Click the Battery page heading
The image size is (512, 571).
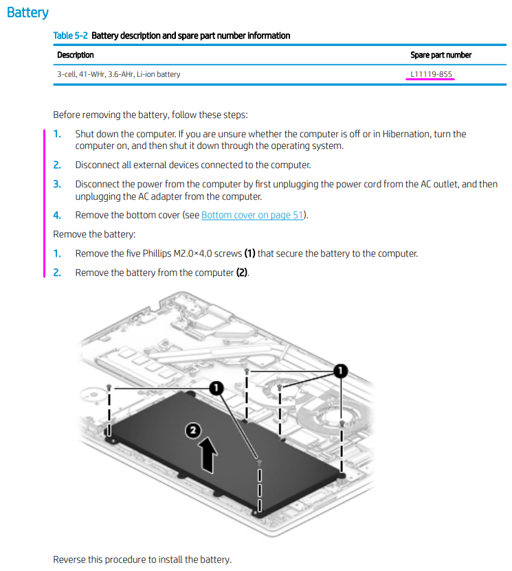tap(27, 13)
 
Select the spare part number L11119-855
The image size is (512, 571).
tap(431, 73)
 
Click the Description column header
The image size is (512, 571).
tap(76, 55)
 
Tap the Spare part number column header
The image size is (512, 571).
tap(441, 55)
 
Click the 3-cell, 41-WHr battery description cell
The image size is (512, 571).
tap(119, 73)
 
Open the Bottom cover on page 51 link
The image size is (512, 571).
tap(252, 215)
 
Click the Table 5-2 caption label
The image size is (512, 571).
tap(71, 36)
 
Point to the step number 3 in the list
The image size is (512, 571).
tap(57, 184)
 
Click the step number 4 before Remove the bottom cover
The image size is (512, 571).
tap(57, 215)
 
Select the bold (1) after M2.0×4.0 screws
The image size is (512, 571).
tap(249, 253)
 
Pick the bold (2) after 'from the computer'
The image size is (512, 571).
tap(242, 272)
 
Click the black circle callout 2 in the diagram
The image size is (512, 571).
tap(194, 431)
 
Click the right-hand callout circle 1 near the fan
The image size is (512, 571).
tap(340, 371)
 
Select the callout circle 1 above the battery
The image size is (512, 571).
tap(216, 389)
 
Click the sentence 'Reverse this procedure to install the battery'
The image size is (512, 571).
tap(142, 559)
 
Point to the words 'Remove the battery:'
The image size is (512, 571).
tap(94, 234)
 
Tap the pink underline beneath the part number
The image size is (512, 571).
tap(430, 80)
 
